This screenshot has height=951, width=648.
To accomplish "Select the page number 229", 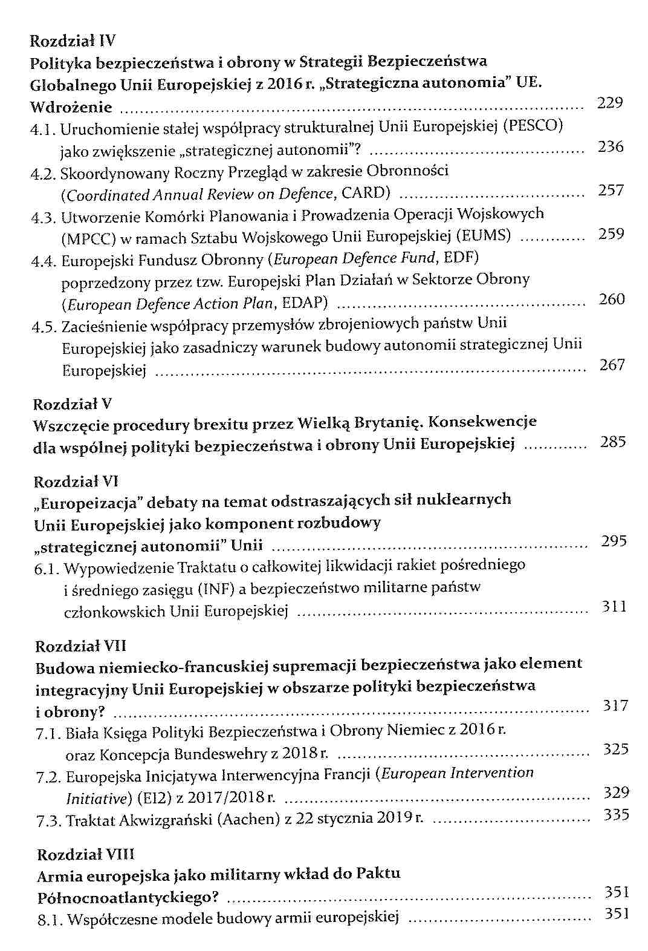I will click(x=609, y=103).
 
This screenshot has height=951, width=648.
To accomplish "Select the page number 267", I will click(x=612, y=365).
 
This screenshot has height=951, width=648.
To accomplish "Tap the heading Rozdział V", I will click(x=72, y=404).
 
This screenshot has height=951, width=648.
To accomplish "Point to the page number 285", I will click(x=613, y=442).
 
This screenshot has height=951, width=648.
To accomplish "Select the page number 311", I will click(x=614, y=607).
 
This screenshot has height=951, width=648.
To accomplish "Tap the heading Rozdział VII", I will click(x=80, y=645).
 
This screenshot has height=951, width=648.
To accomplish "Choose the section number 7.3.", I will click(x=49, y=821).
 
